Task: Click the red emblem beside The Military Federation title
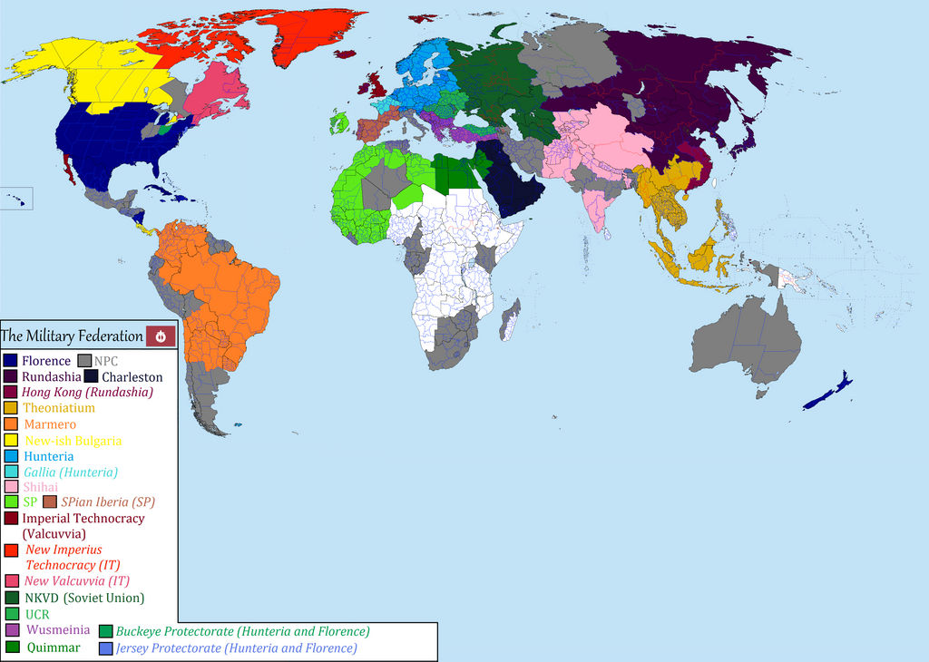[x=161, y=336]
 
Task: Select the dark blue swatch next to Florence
[x=11, y=361]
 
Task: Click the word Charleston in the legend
[x=132, y=377]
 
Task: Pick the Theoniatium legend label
[x=59, y=408]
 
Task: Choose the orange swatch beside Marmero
[x=11, y=424]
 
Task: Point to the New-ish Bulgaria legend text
[x=73, y=441]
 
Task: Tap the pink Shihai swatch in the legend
[x=11, y=487]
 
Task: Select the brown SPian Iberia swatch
[x=50, y=501]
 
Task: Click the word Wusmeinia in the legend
[x=58, y=629]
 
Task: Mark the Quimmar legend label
[x=54, y=647]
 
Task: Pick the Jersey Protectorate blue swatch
[x=106, y=648]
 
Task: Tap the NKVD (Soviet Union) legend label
[x=84, y=598]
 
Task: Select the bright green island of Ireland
[x=339, y=122]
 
